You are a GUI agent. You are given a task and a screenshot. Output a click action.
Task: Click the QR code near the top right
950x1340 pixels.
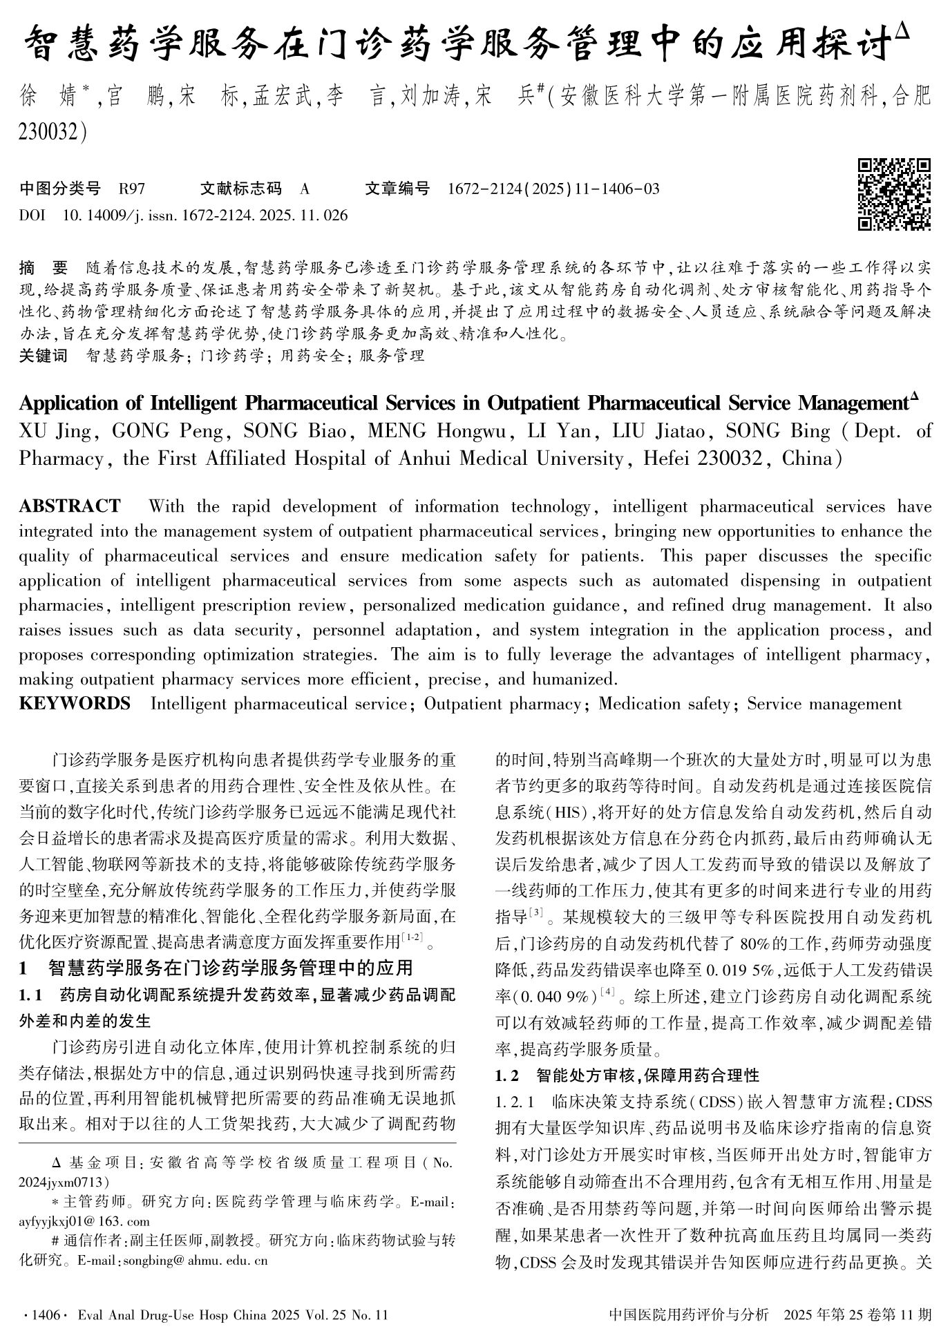click(x=894, y=194)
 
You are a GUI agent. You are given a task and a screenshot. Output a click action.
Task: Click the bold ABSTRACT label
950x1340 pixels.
click(x=69, y=506)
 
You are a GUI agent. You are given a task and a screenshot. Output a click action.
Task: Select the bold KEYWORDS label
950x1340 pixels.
click(x=74, y=704)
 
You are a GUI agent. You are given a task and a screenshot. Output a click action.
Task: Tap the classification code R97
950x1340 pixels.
click(x=132, y=189)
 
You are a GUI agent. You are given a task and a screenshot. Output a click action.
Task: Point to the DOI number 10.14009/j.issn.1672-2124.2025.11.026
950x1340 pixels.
click(x=205, y=216)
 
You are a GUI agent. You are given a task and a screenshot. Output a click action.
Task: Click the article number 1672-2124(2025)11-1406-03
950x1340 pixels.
click(x=553, y=189)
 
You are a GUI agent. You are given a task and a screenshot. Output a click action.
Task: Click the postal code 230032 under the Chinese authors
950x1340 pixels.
click(x=48, y=131)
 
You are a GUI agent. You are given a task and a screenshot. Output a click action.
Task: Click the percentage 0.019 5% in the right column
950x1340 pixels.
click(x=740, y=970)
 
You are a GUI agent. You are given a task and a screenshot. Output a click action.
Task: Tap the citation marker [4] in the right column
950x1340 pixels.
click(x=608, y=993)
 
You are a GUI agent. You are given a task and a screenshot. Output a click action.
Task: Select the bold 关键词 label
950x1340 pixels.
click(x=44, y=356)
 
